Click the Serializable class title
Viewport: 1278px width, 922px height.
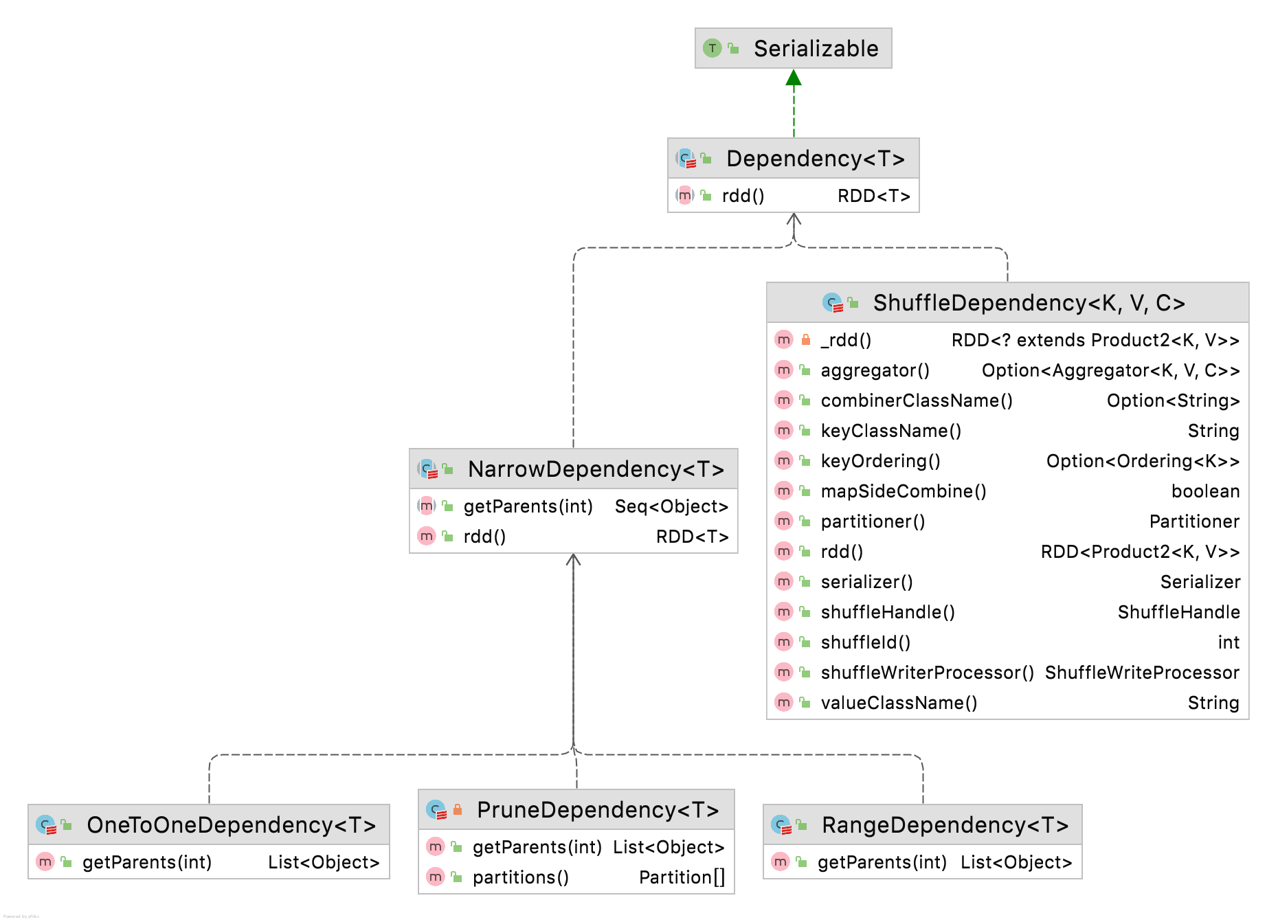click(x=816, y=49)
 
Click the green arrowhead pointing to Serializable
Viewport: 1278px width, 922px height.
click(x=794, y=78)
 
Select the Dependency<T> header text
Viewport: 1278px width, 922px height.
click(x=815, y=159)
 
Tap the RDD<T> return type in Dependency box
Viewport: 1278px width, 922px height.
click(x=873, y=196)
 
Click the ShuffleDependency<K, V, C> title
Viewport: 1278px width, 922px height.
click(x=1029, y=303)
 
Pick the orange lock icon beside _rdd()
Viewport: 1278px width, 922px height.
click(x=806, y=339)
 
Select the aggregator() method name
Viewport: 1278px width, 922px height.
click(x=875, y=371)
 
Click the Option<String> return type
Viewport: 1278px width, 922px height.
click(x=1173, y=401)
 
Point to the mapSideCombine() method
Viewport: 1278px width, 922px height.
click(x=903, y=492)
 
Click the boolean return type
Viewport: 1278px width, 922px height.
click(x=1205, y=492)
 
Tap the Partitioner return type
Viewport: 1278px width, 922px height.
click(x=1194, y=522)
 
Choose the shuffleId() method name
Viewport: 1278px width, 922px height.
click(x=865, y=643)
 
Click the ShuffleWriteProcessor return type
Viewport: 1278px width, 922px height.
click(x=1142, y=673)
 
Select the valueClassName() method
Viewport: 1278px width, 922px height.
click(x=899, y=704)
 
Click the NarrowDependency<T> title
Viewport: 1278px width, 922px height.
click(x=596, y=469)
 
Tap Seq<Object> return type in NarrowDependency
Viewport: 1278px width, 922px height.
click(x=671, y=507)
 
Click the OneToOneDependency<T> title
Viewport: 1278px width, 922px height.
click(x=231, y=825)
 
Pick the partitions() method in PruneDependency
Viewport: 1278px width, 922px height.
click(x=520, y=878)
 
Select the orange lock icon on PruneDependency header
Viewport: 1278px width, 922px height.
click(x=458, y=809)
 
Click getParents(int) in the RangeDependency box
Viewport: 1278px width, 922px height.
click(x=882, y=863)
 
